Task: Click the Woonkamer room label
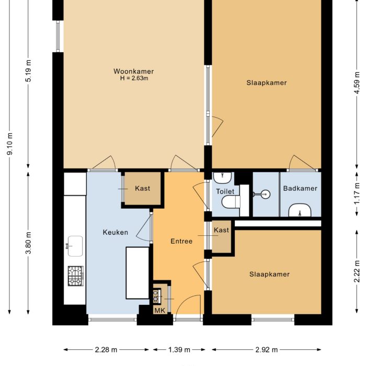(x=134, y=71)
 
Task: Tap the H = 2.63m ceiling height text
(x=134, y=78)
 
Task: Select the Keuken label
(x=115, y=232)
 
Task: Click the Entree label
(x=181, y=241)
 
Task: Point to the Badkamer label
(x=300, y=188)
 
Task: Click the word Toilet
(x=225, y=191)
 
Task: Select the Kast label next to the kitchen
(x=142, y=188)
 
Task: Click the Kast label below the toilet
(x=221, y=230)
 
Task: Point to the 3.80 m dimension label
(x=29, y=243)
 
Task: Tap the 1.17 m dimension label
(x=357, y=192)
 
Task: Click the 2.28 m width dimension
(x=107, y=349)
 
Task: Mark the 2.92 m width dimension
(x=267, y=349)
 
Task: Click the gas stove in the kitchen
(x=75, y=276)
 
